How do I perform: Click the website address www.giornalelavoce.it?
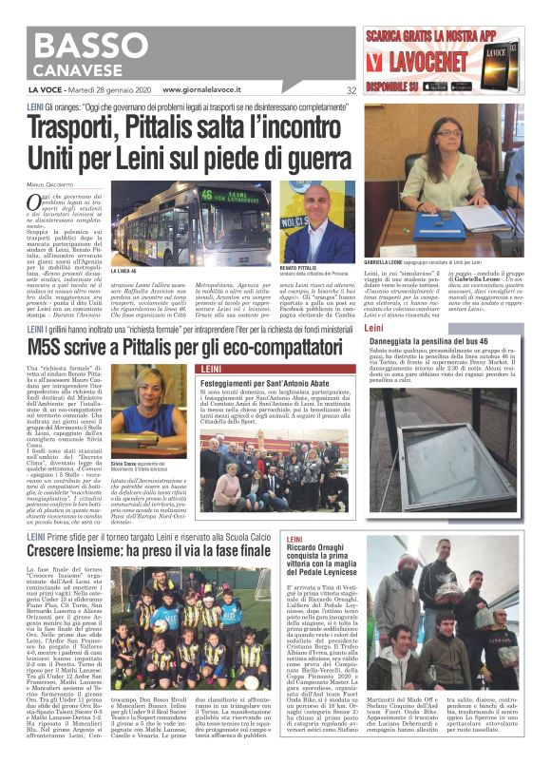point(215,90)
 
